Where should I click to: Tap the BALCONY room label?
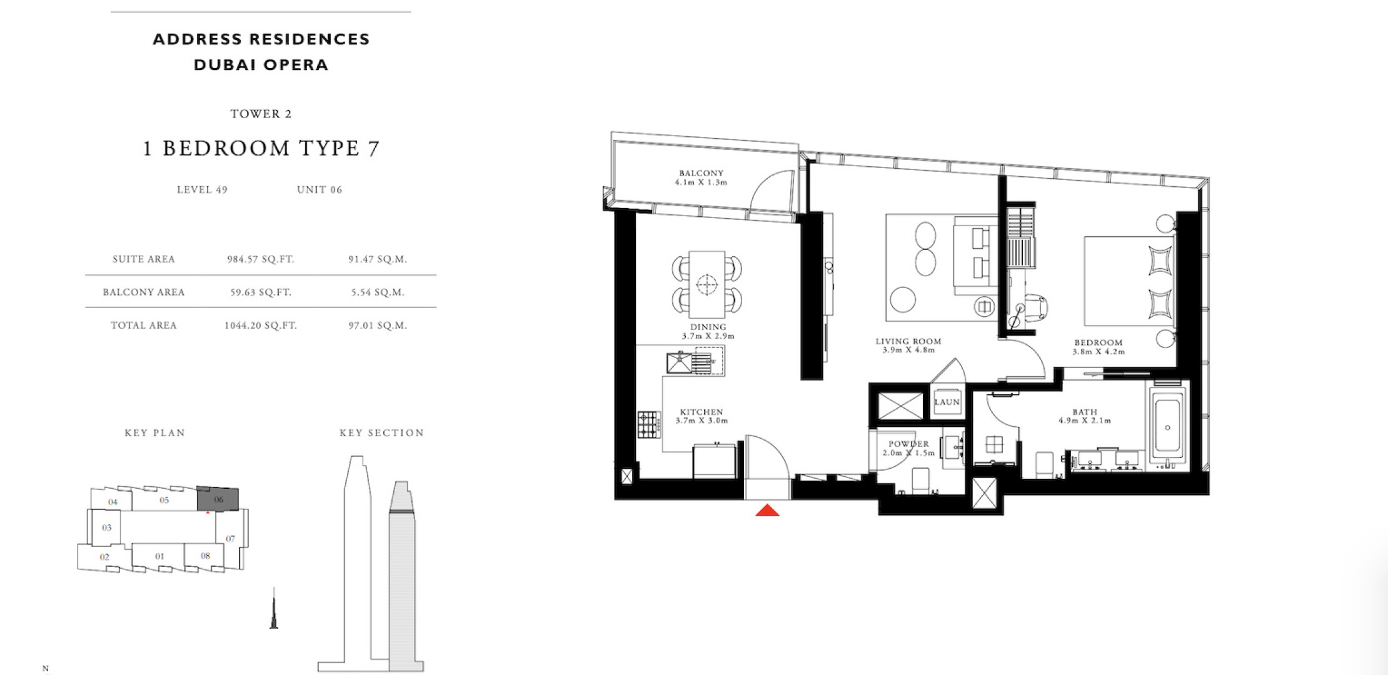[x=701, y=173]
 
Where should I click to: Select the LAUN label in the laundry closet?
[x=947, y=402]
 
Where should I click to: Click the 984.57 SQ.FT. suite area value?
[x=260, y=259]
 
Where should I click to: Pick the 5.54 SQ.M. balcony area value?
[x=378, y=292]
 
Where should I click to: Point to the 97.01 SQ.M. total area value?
[x=378, y=325]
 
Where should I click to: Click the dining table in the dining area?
[x=707, y=284]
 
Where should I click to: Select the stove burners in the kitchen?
[x=648, y=424]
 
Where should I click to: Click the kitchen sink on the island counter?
[x=680, y=362]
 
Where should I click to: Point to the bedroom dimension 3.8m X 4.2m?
[x=1099, y=352]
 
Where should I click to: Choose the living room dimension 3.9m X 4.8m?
[x=908, y=350]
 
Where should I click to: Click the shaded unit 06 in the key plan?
[x=218, y=499]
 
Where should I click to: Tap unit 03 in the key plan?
[x=107, y=527]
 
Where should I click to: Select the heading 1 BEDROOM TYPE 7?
[x=261, y=149]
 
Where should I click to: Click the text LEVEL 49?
[x=202, y=189]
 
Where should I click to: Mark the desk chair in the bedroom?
[x=1035, y=309]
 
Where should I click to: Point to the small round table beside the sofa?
[x=903, y=299]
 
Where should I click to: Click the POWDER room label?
[x=908, y=444]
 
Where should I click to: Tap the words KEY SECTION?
[x=381, y=432]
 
